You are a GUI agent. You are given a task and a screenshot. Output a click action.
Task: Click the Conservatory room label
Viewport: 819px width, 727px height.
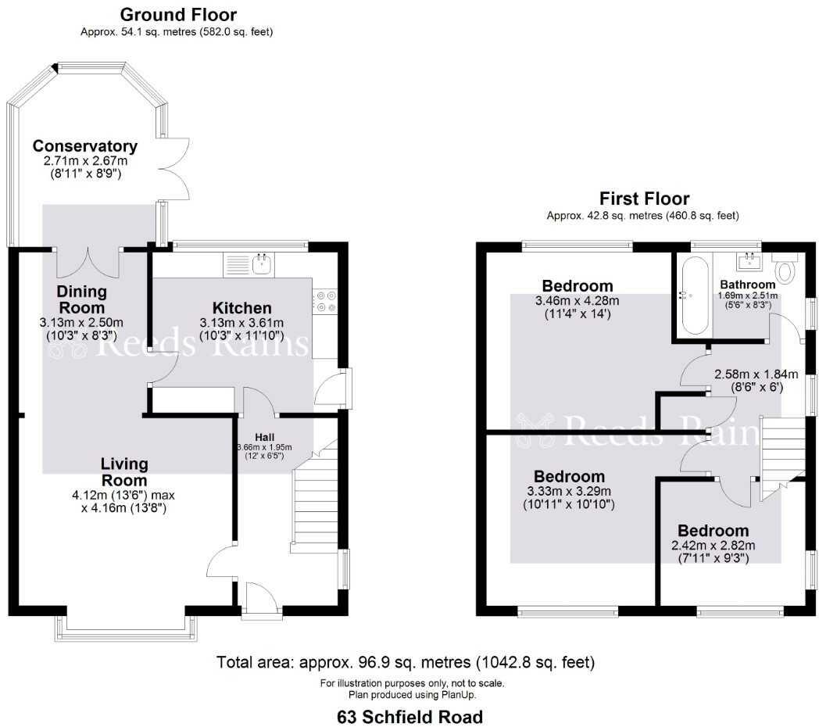[x=85, y=146]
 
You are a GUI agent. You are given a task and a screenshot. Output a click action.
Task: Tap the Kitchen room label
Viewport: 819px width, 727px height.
[x=242, y=308]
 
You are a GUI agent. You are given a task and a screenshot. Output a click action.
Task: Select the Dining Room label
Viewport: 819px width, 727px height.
[x=81, y=299]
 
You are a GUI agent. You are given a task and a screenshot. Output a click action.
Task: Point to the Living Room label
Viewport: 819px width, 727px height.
[x=124, y=472]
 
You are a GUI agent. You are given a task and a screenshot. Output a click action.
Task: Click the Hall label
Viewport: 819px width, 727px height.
[x=263, y=437]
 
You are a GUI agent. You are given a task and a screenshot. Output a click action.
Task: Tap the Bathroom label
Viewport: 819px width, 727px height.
[x=748, y=285]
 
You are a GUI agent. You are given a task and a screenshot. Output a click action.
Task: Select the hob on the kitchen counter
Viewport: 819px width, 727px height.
[x=327, y=302]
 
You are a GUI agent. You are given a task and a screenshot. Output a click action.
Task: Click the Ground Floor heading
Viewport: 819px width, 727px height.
[x=179, y=15]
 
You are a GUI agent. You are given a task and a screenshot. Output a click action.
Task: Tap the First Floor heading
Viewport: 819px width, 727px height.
[x=644, y=199]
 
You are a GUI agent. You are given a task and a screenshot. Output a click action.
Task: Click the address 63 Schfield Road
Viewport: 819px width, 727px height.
[x=409, y=716]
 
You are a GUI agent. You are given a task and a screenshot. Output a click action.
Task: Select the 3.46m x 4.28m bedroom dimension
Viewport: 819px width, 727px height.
[x=577, y=301]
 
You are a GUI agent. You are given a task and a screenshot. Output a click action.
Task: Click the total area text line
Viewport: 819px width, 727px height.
[x=406, y=663]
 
